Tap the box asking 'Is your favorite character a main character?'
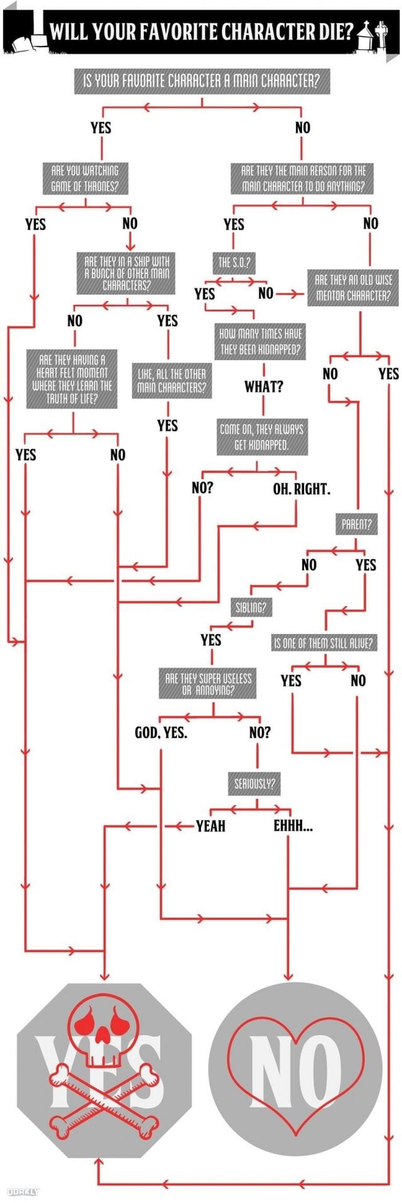tap(202, 81)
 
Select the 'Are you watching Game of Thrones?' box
tap(85, 178)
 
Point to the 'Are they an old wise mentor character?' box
tap(352, 288)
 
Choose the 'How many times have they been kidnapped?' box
tap(261, 341)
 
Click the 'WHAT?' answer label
tap(264, 387)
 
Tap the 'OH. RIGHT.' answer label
tap(301, 489)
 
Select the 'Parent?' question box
tap(357, 525)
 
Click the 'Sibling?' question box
tap(250, 607)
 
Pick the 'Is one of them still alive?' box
tap(324, 643)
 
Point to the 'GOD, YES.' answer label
tap(161, 732)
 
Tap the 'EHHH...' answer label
tap(293, 826)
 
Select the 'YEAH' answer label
tap(210, 826)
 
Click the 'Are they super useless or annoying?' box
tap(208, 684)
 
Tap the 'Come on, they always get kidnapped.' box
tap(261, 436)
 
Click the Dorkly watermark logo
tap(23, 1191)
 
